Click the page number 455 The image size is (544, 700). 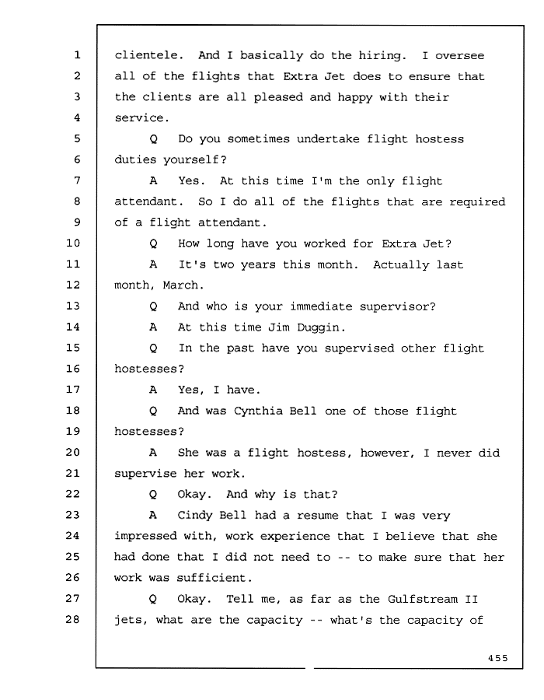coord(497,657)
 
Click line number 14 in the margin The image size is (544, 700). coord(73,327)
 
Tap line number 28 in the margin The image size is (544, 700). coord(73,619)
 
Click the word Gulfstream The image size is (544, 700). coord(422,599)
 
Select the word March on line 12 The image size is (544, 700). coord(183,285)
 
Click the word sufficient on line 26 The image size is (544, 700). coord(214,578)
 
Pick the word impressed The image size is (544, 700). coord(145,537)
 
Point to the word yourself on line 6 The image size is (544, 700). coord(194,159)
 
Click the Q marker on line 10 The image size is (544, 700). coord(153,243)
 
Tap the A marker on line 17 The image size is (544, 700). coord(153,390)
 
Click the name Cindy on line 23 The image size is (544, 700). coord(194,516)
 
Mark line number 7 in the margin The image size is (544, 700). coord(77,180)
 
